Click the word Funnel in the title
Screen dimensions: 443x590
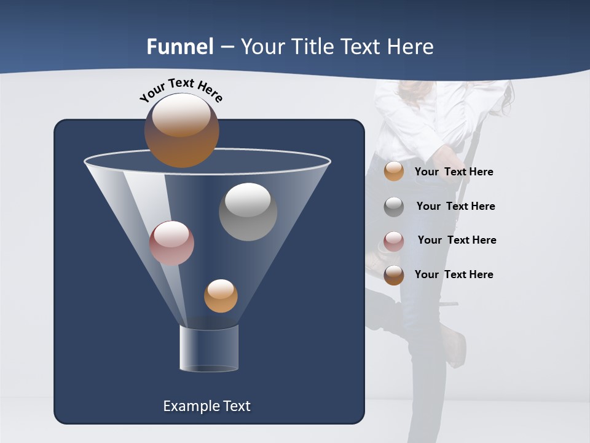pos(180,47)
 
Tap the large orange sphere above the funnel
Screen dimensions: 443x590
pos(181,130)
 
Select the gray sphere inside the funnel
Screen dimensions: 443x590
pos(248,212)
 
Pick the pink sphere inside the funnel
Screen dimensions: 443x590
pos(171,243)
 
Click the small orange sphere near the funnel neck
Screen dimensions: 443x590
pos(221,295)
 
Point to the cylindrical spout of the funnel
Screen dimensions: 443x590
pos(208,348)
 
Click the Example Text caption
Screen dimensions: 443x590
pos(206,406)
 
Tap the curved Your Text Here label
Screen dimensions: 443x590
pos(181,90)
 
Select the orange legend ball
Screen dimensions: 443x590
pos(394,171)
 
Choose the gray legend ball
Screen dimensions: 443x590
pos(394,206)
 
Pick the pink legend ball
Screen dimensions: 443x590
pos(394,241)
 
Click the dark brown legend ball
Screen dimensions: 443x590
pos(394,275)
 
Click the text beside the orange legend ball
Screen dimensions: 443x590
pos(454,172)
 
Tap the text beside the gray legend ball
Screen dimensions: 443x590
pos(455,206)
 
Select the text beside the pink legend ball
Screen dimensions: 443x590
pos(457,240)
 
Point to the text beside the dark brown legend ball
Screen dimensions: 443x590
pos(454,274)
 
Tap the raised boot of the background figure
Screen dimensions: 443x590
pos(455,345)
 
